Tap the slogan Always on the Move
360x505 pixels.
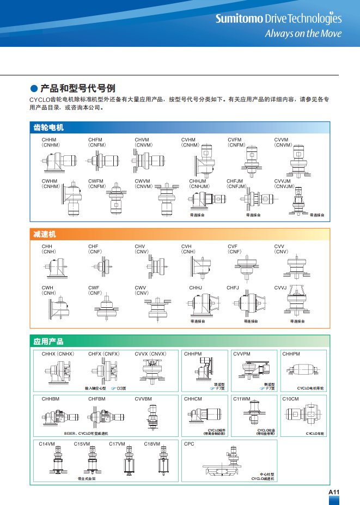coord(303,33)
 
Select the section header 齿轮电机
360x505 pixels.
coord(48,127)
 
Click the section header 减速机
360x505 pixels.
coord(45,234)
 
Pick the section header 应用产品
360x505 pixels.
coord(48,342)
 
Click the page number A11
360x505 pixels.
coord(334,492)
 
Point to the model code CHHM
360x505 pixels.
coord(49,140)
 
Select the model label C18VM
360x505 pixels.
coord(152,444)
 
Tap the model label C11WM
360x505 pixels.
coord(242,399)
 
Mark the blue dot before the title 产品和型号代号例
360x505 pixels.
coord(34,88)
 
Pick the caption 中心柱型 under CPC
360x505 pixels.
coord(267,474)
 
